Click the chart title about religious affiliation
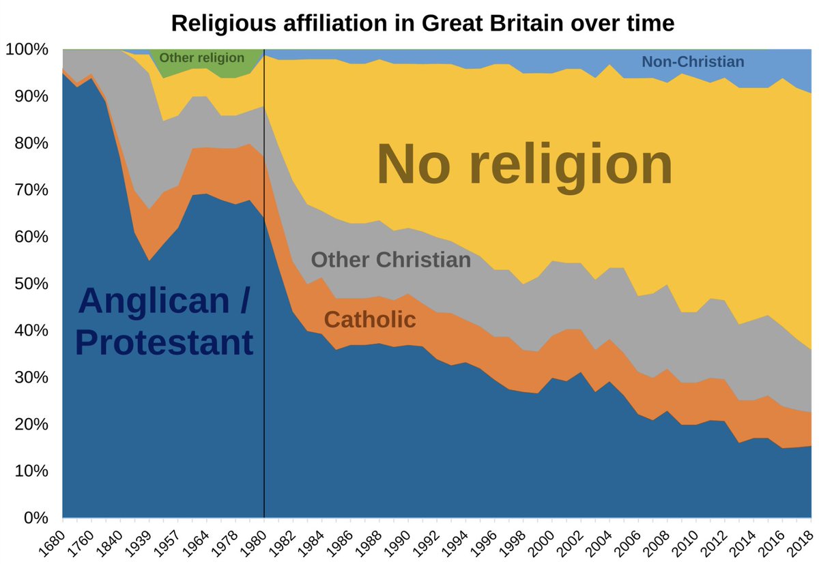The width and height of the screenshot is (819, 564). (422, 23)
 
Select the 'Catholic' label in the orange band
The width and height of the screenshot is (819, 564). (370, 319)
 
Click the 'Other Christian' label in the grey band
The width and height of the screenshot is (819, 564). (391, 260)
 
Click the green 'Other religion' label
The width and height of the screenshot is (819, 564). (201, 58)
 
